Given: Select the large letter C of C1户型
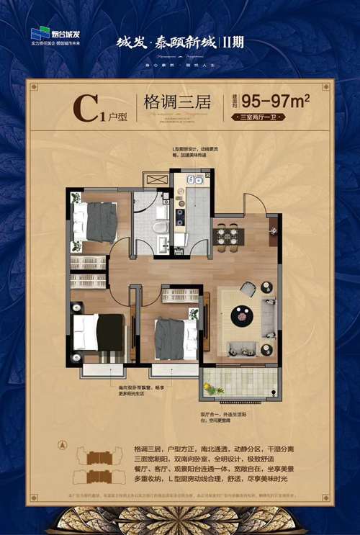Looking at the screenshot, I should [x=87, y=109].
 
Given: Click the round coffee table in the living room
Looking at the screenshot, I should [x=241, y=315].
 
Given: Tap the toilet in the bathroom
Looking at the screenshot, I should [x=163, y=230].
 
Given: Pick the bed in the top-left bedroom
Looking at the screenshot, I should [x=96, y=222].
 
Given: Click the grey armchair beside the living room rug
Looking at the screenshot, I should [x=248, y=289].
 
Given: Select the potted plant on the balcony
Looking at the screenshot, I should [x=209, y=389].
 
